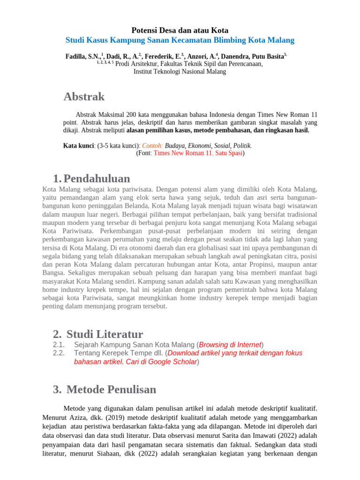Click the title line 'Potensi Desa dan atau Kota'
(x=180, y=30)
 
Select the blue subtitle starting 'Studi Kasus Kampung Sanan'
(x=180, y=40)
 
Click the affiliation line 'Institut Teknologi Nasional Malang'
(x=180, y=72)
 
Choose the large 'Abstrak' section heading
(x=84, y=97)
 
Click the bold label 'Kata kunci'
(x=78, y=146)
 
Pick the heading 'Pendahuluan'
(x=97, y=179)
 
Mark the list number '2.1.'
(x=60, y=345)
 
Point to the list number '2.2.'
(x=60, y=353)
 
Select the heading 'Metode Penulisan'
(x=111, y=390)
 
